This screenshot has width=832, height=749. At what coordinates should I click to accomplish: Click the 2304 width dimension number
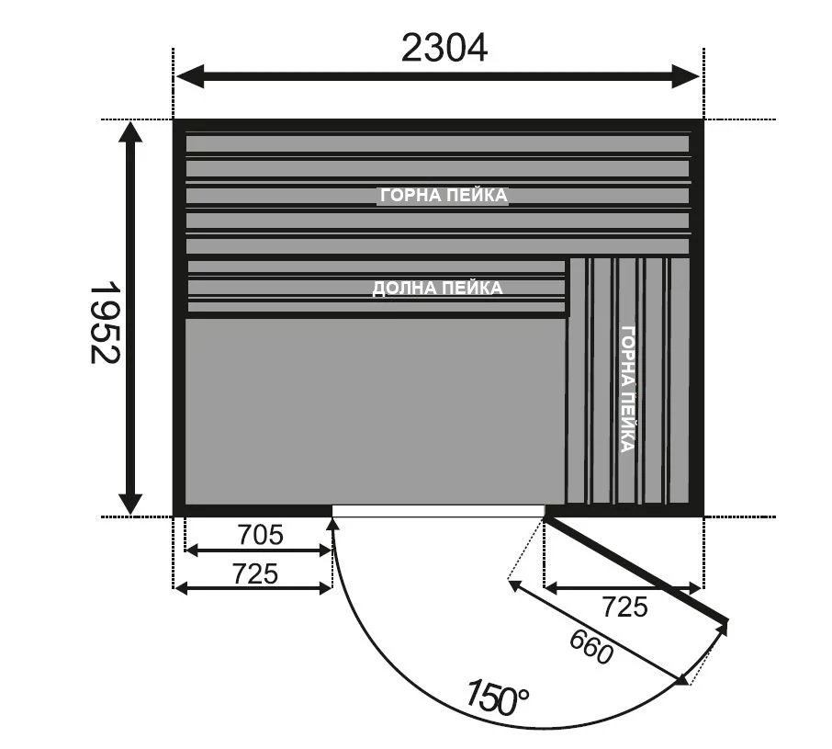coord(444,49)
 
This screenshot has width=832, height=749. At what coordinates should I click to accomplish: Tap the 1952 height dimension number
coord(105,323)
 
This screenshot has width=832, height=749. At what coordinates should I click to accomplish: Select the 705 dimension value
coord(260,535)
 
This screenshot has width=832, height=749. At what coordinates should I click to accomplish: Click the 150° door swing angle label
coord(497,697)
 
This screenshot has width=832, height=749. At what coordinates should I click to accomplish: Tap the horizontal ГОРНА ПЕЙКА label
coord(444,196)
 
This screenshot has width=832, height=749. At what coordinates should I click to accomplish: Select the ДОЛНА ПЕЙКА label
coord(437,288)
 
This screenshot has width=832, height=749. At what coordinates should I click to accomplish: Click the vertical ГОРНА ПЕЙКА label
coord(628,389)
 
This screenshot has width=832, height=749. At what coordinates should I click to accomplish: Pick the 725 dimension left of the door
coord(255,573)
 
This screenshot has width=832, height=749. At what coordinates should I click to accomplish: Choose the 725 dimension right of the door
coord(624,607)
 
